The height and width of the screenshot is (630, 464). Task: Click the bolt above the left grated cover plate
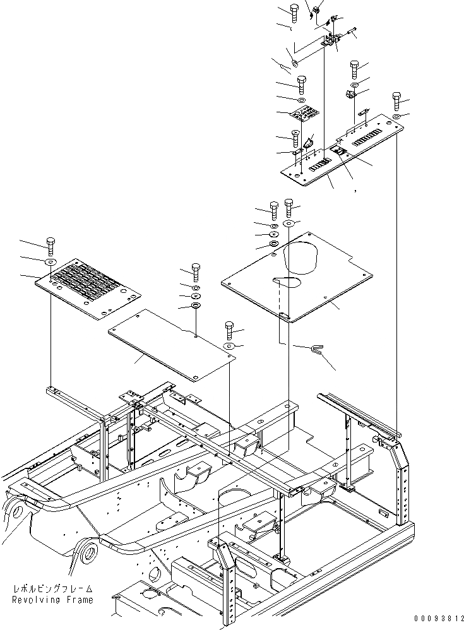click(51, 245)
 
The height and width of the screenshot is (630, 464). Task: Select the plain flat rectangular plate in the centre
click(171, 345)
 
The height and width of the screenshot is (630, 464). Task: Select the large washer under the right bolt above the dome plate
click(289, 223)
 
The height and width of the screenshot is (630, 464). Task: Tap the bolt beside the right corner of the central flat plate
click(229, 330)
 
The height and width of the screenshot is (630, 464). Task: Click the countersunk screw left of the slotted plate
click(295, 135)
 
